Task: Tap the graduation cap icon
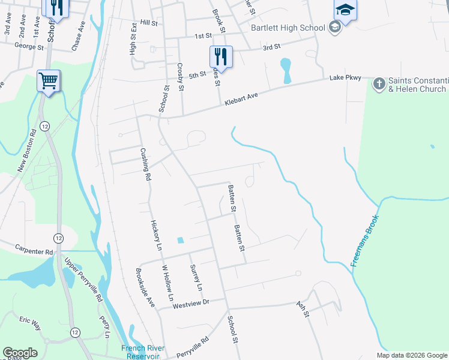coord(345,9)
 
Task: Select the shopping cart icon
coord(49,80)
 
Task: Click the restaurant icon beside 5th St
coord(220,56)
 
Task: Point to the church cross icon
coord(379,85)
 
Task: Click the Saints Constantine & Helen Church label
coord(417,85)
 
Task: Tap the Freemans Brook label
coord(366,241)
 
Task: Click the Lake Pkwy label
coord(345,78)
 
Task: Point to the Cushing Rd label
coord(145,164)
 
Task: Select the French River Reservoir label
coord(141,352)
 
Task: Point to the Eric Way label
coord(30,325)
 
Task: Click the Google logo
coord(20,353)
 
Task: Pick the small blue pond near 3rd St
coord(286,70)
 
